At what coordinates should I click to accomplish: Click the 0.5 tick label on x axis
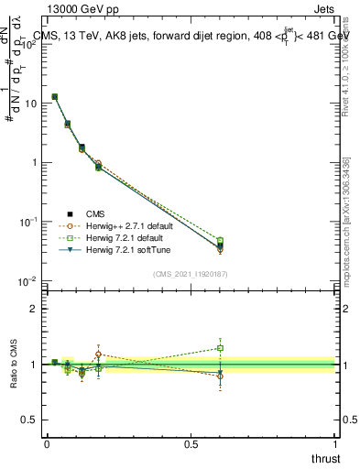(x=191, y=443)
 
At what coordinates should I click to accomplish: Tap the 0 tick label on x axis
(x=47, y=443)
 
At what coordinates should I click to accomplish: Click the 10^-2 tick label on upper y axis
(x=27, y=281)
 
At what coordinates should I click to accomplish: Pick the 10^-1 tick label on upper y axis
(x=27, y=222)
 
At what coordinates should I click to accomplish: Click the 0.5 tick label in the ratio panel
(x=29, y=420)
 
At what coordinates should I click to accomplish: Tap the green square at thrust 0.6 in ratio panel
(x=220, y=348)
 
